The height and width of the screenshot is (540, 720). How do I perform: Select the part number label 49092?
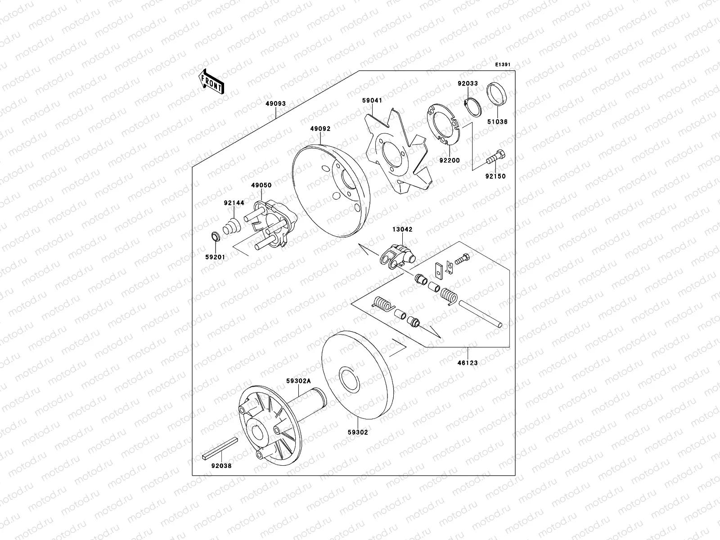(x=320, y=129)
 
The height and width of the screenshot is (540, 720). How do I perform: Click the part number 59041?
(x=372, y=101)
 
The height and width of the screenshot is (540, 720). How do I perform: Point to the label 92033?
(x=468, y=84)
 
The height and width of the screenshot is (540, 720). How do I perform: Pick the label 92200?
(x=450, y=159)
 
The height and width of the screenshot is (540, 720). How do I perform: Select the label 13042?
(x=402, y=229)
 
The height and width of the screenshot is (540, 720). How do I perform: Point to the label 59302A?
(x=298, y=381)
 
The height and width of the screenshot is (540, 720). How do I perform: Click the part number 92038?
(x=221, y=466)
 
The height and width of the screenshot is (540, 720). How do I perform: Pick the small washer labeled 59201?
(x=215, y=236)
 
